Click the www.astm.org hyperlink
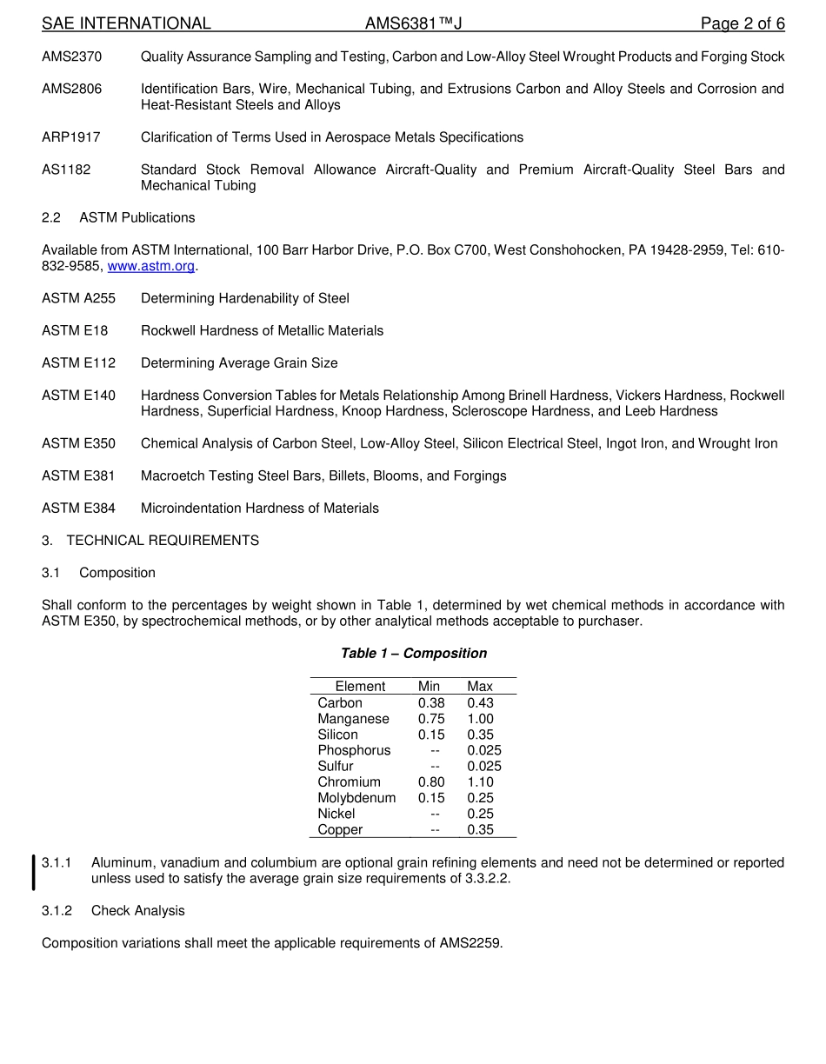pyautogui.click(x=150, y=266)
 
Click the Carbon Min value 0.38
pyautogui.click(x=430, y=702)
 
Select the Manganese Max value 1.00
pyautogui.click(x=480, y=719)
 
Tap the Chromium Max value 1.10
pyautogui.click(x=480, y=781)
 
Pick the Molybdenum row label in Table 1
pyautogui.click(x=356, y=797)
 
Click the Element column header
pyautogui.click(x=360, y=686)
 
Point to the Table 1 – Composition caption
pyautogui.click(x=413, y=653)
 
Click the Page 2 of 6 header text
pyautogui.click(x=742, y=23)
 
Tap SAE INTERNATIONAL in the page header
pyautogui.click(x=126, y=23)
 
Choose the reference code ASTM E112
pyautogui.click(x=78, y=362)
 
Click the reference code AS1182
pyautogui.click(x=66, y=170)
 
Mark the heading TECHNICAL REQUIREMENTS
pyautogui.click(x=163, y=541)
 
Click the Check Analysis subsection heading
pyautogui.click(x=137, y=910)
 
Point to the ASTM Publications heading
pyautogui.click(x=137, y=217)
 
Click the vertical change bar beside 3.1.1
pyautogui.click(x=34, y=871)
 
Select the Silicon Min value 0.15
pyautogui.click(x=430, y=735)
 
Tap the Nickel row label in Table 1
pyautogui.click(x=336, y=814)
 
